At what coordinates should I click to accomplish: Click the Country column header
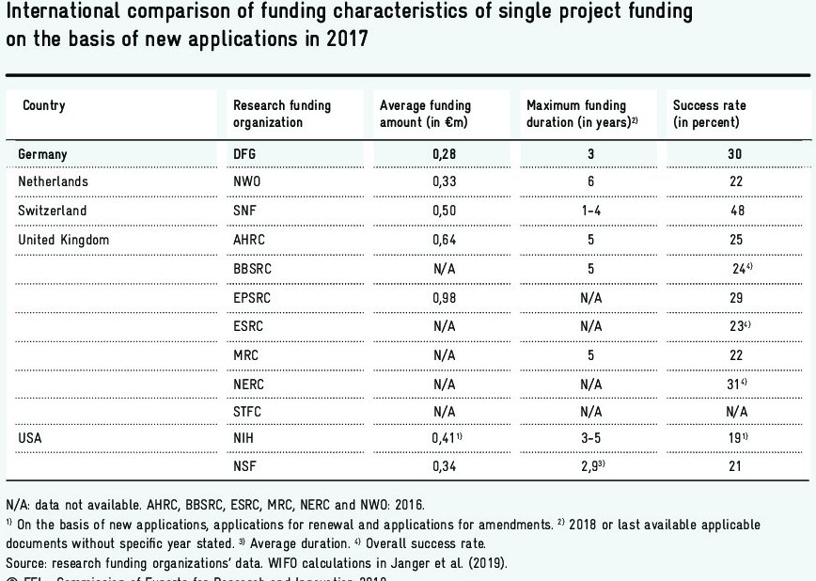(x=44, y=105)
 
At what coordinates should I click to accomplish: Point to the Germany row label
(x=43, y=154)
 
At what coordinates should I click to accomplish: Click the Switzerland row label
(x=53, y=211)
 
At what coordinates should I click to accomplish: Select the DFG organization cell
(x=244, y=154)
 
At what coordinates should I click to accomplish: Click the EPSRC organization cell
(x=252, y=297)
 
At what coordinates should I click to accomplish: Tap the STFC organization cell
(x=247, y=411)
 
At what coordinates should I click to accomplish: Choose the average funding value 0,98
(x=444, y=297)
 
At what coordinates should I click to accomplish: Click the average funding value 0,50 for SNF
(x=444, y=211)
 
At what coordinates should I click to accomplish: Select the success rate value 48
(x=737, y=211)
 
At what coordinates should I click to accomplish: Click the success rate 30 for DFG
(x=737, y=154)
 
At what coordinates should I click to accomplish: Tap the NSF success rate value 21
(x=737, y=466)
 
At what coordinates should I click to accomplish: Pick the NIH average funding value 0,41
(x=444, y=438)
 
